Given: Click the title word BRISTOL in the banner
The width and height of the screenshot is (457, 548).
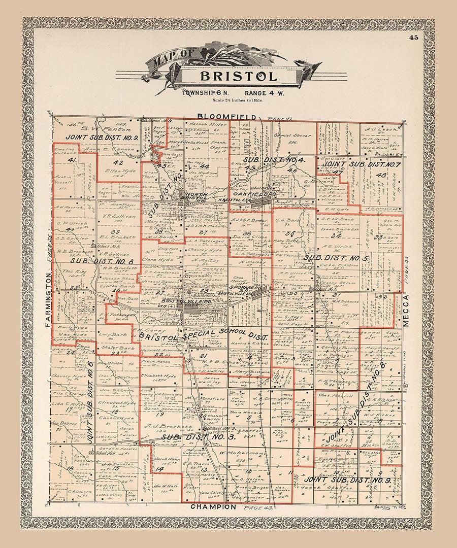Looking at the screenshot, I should click(x=239, y=77).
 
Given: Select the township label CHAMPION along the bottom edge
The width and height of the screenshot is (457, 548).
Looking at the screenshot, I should click(x=213, y=507).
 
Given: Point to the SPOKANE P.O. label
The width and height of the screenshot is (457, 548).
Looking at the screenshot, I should click(x=245, y=288).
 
